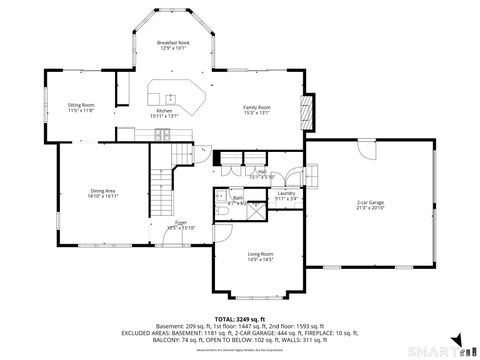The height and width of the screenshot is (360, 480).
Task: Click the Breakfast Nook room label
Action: click(x=173, y=43)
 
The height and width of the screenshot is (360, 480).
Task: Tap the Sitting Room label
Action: click(x=81, y=104)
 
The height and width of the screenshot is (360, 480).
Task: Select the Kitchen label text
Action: click(x=164, y=110)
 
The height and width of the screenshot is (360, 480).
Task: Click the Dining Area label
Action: click(x=104, y=191)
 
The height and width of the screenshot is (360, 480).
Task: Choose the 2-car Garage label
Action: click(x=370, y=203)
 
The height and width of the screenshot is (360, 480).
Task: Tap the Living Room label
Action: click(x=261, y=255)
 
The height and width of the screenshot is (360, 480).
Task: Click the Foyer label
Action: click(x=181, y=222)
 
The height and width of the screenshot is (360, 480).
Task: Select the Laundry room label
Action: click(x=287, y=193)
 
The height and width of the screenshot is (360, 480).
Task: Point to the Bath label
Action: click(x=238, y=198)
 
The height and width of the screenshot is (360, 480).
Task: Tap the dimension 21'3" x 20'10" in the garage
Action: click(x=370, y=209)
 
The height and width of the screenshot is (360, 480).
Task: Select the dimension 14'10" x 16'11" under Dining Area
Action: click(x=104, y=197)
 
